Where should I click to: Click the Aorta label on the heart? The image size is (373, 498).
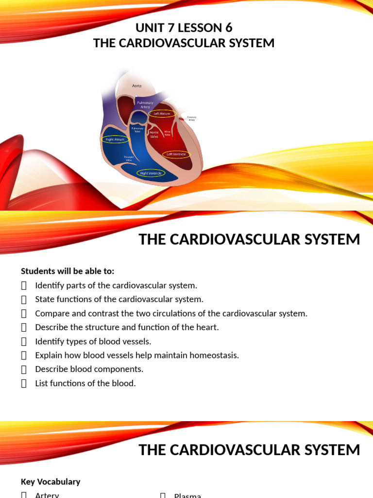click(137, 86)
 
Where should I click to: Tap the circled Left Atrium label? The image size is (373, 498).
click(162, 113)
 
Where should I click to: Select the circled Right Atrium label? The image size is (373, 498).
click(116, 139)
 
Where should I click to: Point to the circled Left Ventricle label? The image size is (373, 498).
click(176, 154)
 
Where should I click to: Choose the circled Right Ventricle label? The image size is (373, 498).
click(151, 173)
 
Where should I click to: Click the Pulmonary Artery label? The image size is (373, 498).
click(145, 105)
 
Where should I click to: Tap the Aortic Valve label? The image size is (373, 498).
click(154, 134)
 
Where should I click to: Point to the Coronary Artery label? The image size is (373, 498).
click(188, 119)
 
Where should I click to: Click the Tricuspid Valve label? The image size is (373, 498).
click(129, 159)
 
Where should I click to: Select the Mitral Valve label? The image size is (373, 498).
click(167, 133)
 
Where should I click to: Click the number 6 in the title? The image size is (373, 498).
click(229, 27)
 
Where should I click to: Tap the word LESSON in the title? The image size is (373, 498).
click(196, 27)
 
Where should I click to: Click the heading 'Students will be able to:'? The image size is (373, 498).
click(68, 271)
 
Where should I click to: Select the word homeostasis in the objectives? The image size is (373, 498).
click(214, 355)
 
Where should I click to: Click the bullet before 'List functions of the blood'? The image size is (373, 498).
click(24, 383)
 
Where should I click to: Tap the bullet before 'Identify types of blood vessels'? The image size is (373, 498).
click(24, 341)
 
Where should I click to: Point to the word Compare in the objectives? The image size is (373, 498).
click(50, 313)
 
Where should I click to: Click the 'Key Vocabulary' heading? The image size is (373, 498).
click(51, 481)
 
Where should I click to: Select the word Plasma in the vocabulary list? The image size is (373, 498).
click(187, 495)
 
